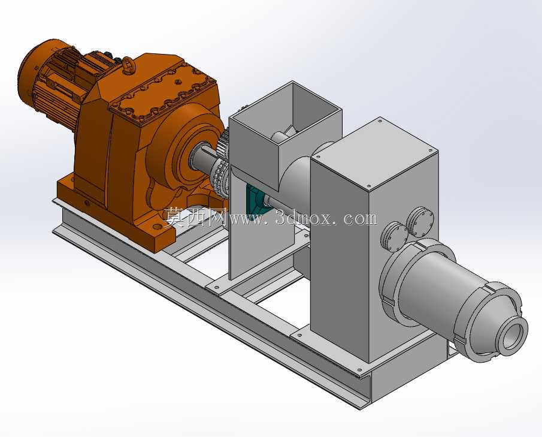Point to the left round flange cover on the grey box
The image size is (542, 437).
point(395,236)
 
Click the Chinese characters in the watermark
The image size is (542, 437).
point(196,217)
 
